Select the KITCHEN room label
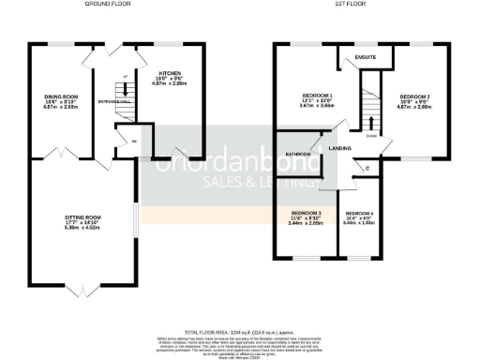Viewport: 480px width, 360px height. pyautogui.click(x=170, y=73)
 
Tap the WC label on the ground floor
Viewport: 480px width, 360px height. pyautogui.click(x=135, y=142)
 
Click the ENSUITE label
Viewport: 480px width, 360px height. pyautogui.click(x=366, y=57)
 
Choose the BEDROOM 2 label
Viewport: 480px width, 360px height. pyautogui.click(x=415, y=96)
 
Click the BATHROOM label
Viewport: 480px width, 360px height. pyautogui.click(x=299, y=153)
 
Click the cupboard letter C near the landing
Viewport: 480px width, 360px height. pyautogui.click(x=367, y=168)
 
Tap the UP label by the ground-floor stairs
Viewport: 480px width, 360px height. pyautogui.click(x=125, y=78)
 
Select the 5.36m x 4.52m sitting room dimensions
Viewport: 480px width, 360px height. pyautogui.click(x=81, y=228)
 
